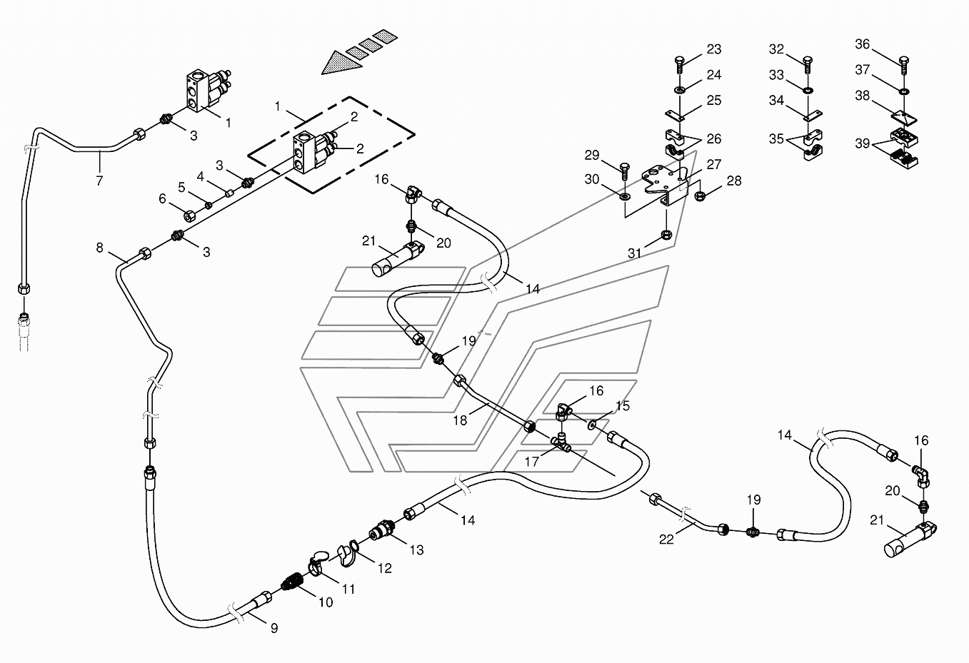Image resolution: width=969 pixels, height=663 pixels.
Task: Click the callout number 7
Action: click(99, 181)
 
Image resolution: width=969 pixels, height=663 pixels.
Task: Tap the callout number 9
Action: click(274, 628)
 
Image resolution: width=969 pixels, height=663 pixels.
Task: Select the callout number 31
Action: click(635, 253)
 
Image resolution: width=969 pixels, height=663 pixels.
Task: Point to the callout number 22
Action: click(667, 539)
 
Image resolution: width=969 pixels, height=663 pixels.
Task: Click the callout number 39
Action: click(862, 143)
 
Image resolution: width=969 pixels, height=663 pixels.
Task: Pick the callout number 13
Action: click(416, 550)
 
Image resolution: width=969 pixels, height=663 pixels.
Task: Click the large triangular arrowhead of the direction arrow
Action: click(342, 63)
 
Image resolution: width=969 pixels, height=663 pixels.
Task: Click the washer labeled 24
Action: click(680, 90)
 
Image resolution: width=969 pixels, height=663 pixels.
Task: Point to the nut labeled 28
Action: click(699, 196)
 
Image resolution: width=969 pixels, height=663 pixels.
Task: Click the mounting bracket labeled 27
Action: click(665, 185)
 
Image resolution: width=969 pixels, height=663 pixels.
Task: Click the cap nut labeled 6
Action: click(189, 216)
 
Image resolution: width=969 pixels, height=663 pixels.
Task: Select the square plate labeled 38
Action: click(904, 118)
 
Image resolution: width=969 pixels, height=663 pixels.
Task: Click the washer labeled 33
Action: click(808, 91)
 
